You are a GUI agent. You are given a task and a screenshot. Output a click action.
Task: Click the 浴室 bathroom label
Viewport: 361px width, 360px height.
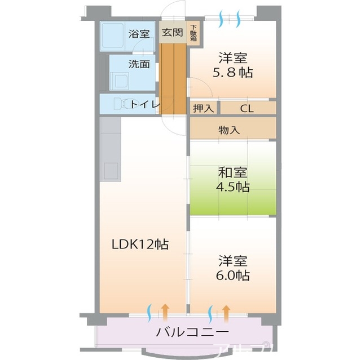pos(139,33)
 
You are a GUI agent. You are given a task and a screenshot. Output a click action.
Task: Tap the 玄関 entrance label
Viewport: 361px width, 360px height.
pos(172,33)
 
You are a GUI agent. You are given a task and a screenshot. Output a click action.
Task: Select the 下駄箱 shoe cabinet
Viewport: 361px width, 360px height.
pos(193,33)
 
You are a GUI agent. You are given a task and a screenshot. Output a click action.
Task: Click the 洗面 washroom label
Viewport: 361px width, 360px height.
pos(139,64)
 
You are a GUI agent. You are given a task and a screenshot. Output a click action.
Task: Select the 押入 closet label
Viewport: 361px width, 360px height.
pos(202,109)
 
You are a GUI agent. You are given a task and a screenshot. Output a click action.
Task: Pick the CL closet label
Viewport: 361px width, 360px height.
pos(247,109)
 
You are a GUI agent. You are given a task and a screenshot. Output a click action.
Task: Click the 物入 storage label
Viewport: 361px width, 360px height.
pos(229,130)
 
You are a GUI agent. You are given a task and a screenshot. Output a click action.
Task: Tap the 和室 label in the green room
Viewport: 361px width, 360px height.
pos(233,172)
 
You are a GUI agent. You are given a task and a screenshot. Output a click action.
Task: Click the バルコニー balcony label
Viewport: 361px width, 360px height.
pos(192,331)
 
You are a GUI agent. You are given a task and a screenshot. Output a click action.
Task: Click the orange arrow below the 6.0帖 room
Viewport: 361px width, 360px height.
pos(226,310)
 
